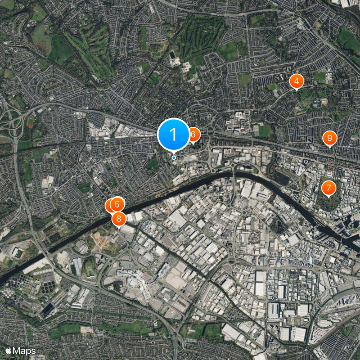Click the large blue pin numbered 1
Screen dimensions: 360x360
(173, 134)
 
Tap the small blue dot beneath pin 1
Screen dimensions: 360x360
(174, 157)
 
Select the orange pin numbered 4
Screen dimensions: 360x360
(297, 81)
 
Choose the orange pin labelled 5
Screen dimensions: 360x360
(117, 204)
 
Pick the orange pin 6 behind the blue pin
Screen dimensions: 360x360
(193, 134)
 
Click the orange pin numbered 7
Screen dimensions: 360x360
(328, 188)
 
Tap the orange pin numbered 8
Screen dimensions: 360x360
(119, 219)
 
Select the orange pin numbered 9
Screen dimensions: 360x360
(329, 138)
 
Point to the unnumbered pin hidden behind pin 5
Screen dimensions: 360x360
(110, 206)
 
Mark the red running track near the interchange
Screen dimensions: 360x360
(30, 121)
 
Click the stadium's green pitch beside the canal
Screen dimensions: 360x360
(18, 253)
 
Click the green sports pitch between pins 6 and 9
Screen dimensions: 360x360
(264, 130)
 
